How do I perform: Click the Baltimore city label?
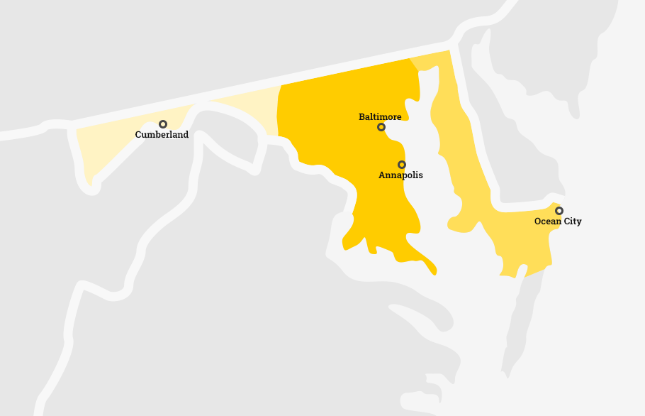tap(380, 116)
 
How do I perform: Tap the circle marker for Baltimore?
tap(381, 127)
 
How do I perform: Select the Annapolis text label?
tap(400, 175)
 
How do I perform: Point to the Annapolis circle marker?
tap(402, 165)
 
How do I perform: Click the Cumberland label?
tap(162, 135)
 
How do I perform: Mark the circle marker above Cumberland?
tap(163, 124)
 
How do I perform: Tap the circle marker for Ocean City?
tap(559, 211)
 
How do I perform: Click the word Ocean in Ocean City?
tap(546, 221)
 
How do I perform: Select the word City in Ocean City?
tap(571, 221)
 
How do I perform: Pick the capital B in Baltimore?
tap(361, 116)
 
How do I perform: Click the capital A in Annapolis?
tap(382, 175)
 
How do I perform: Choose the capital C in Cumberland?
tap(138, 135)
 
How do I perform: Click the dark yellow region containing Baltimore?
tap(333, 128)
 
